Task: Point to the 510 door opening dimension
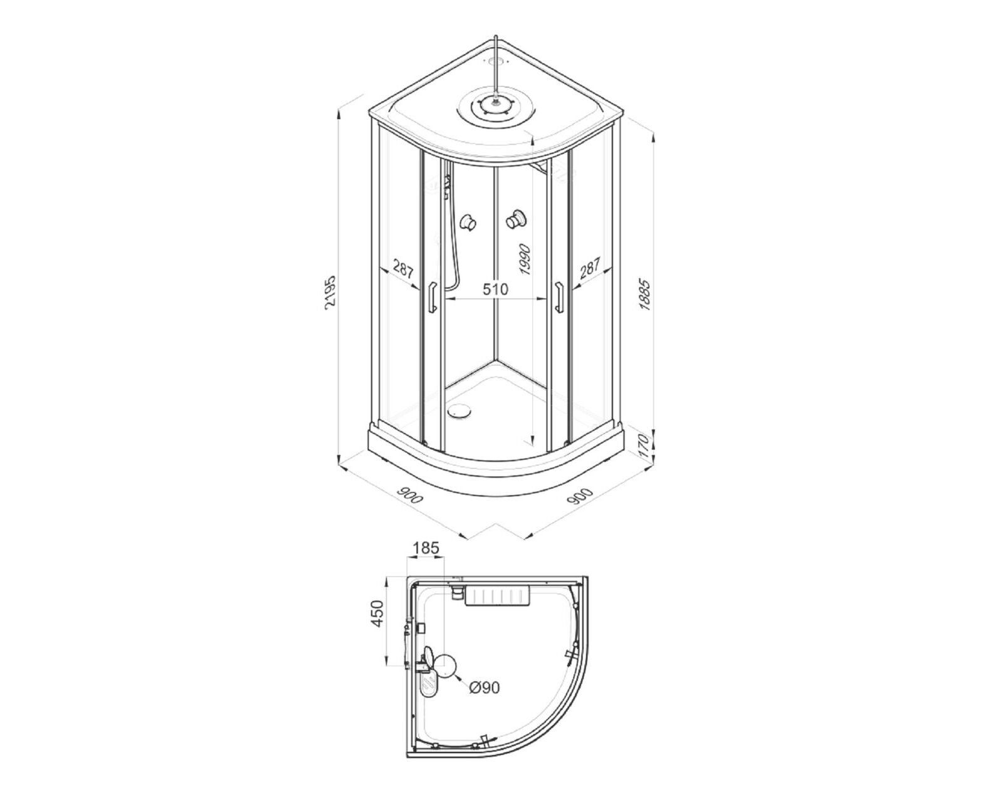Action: [x=495, y=289]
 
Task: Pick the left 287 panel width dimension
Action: [x=403, y=269]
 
